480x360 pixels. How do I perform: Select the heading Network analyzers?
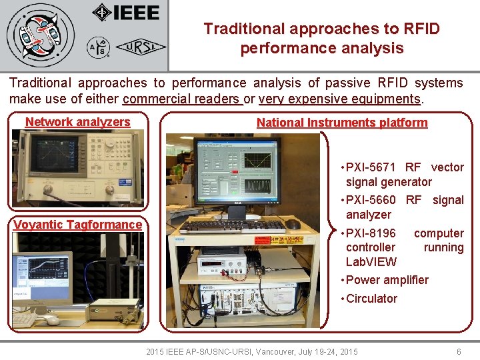[x=77, y=122]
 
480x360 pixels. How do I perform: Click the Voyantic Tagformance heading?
[x=77, y=225]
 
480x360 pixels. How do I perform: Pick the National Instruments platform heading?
[x=342, y=123]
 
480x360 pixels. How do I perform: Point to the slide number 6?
[x=458, y=351]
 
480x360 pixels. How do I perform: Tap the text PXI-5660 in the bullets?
[x=371, y=200]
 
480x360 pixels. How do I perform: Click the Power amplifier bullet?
[x=387, y=280]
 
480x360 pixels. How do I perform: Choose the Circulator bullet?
[x=371, y=299]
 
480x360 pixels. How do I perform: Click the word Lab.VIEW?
[x=371, y=261]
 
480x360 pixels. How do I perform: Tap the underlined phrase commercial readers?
[x=181, y=99]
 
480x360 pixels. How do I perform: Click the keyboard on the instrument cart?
[x=233, y=226]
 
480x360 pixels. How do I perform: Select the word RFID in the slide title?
[x=421, y=29]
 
